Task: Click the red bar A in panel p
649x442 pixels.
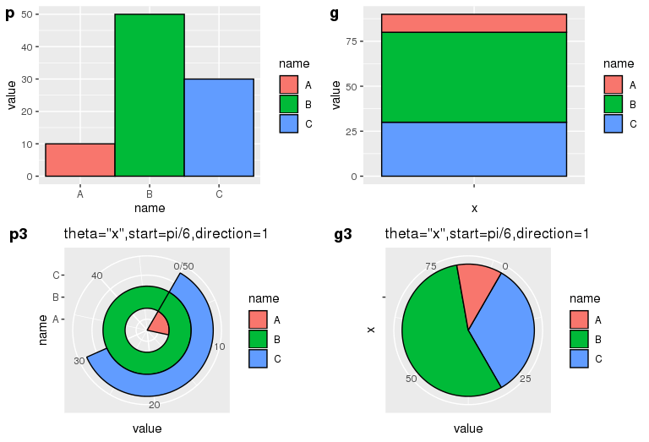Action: (79, 160)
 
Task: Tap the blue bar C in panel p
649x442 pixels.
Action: (219, 127)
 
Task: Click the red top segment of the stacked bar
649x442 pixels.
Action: (473, 23)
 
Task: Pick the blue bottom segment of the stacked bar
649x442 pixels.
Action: (473, 149)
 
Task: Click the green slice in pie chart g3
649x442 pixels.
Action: (435, 338)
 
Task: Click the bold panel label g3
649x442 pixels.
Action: (343, 235)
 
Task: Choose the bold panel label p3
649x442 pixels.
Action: (19, 235)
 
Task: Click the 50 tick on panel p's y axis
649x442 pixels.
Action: (29, 14)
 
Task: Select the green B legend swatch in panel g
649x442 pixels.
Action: (613, 104)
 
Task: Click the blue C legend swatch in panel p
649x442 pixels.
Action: (289, 123)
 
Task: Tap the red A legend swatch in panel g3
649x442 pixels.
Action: (579, 319)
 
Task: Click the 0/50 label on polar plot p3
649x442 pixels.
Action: (183, 267)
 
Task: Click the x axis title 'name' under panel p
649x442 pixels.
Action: (150, 208)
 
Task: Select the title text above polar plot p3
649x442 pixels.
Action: (166, 233)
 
